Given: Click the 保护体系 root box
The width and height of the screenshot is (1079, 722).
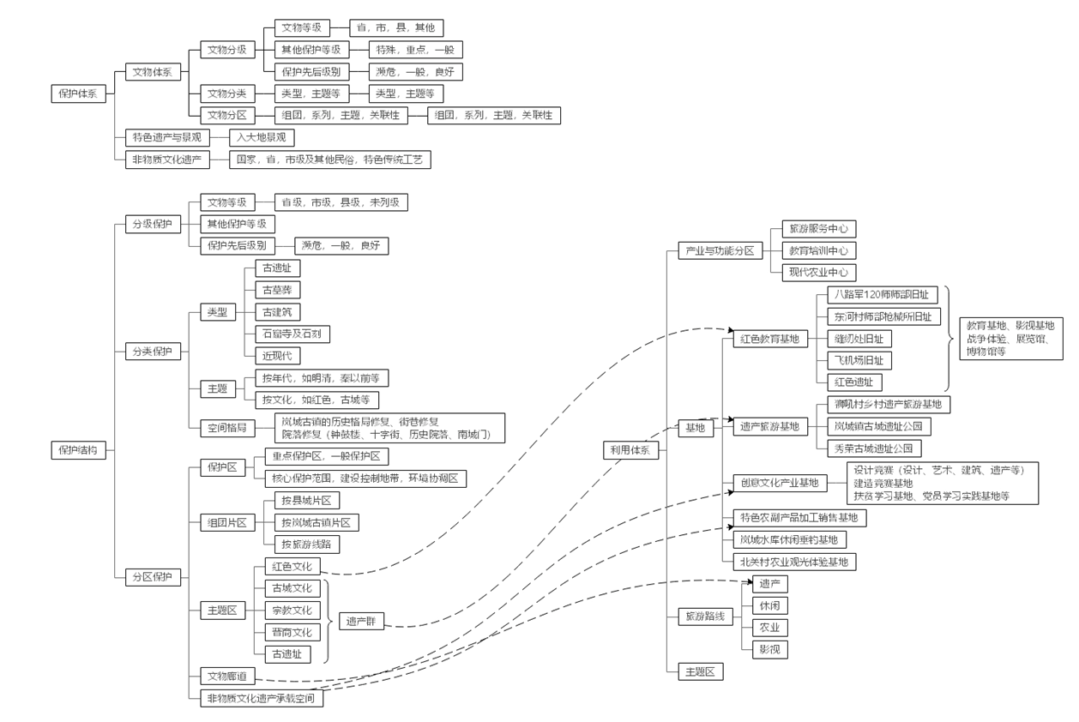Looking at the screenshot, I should click(x=79, y=94).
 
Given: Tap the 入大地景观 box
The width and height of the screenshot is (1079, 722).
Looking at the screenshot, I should click(x=262, y=137).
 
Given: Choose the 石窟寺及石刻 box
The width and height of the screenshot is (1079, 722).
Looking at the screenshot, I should click(x=292, y=334).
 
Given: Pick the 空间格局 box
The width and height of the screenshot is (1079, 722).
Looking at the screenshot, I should click(x=227, y=427).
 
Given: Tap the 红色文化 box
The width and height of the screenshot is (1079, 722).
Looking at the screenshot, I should click(x=292, y=567).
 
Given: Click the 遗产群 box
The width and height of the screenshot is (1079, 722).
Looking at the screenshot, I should click(x=361, y=622).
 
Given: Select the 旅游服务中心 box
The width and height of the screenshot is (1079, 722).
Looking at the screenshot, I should click(x=818, y=229).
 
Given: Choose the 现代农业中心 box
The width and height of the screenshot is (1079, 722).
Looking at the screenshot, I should click(x=818, y=273).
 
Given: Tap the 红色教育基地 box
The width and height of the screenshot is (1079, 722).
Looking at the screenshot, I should click(x=769, y=339).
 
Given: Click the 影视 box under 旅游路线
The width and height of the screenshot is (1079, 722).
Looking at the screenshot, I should click(x=769, y=649).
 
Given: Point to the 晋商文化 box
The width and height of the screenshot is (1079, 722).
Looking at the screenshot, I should click(x=292, y=632).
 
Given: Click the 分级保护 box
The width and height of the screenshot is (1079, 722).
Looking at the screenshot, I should click(x=151, y=225).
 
